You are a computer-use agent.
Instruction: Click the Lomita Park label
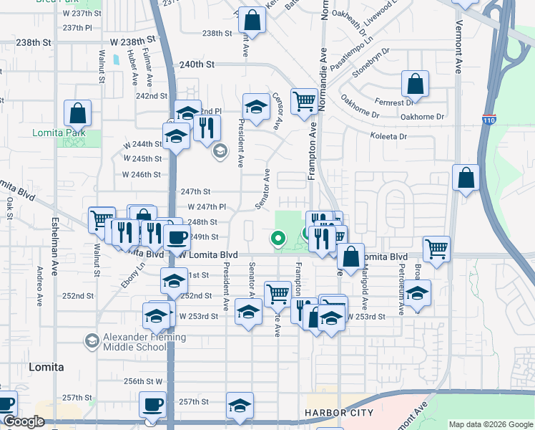[59, 133]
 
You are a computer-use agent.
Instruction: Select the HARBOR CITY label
[338, 414]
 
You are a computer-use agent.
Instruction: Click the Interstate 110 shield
[489, 119]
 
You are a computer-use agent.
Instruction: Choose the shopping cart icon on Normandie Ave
[304, 102]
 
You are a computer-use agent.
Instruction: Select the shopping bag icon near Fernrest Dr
[415, 85]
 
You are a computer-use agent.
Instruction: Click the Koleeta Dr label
[388, 136]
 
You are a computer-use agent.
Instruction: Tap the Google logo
[23, 422]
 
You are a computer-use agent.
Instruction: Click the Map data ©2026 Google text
[491, 424]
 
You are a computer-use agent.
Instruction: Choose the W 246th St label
[141, 174]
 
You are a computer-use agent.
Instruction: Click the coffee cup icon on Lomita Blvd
[176, 237]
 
